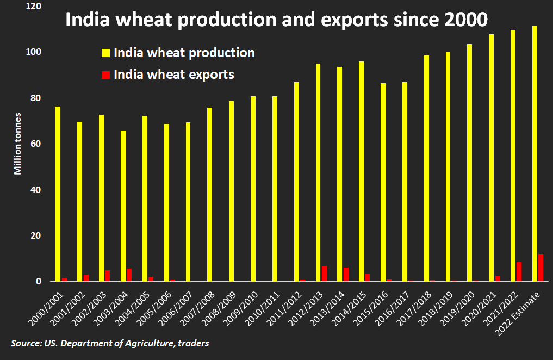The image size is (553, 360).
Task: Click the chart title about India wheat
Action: (276, 20)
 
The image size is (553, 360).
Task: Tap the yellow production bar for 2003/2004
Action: (123, 206)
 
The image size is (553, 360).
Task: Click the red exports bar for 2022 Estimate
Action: (540, 268)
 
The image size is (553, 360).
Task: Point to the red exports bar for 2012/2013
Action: (324, 274)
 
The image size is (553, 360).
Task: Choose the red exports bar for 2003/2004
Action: (129, 275)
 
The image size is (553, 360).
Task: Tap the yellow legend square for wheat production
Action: (106, 53)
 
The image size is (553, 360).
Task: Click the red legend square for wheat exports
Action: (106, 75)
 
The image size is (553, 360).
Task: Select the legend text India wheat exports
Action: (174, 75)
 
